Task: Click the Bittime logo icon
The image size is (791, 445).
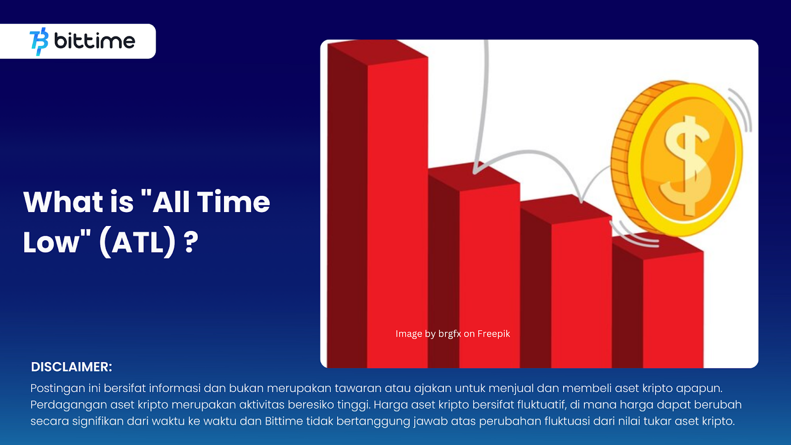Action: point(39,42)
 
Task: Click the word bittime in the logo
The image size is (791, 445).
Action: point(94,41)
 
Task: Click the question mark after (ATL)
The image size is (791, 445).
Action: point(191,242)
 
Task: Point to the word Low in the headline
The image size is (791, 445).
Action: point(52,242)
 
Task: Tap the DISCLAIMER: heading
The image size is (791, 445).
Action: point(71,367)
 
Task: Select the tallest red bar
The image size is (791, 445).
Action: point(378,204)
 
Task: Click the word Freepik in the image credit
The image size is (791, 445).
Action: point(494,334)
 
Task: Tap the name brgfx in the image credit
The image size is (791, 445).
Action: point(449,334)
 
